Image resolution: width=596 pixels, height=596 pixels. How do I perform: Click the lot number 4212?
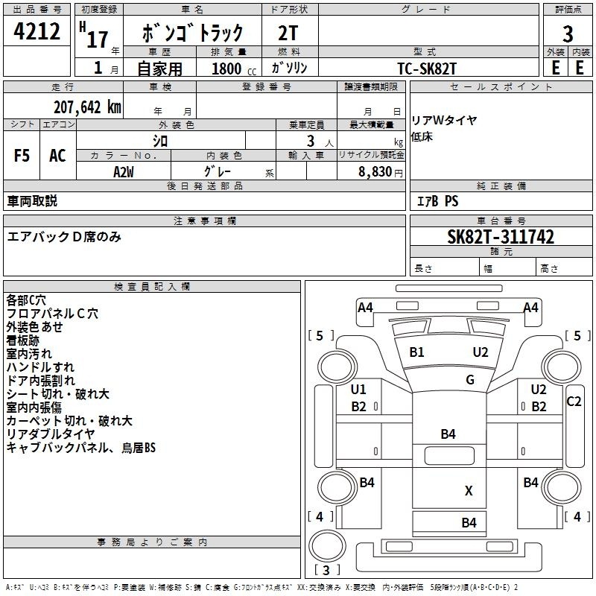click(37, 31)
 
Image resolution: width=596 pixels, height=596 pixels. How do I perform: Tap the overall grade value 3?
click(568, 34)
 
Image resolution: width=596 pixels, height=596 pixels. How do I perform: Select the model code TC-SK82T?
click(426, 69)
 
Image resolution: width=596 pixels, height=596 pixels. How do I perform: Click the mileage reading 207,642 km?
click(87, 107)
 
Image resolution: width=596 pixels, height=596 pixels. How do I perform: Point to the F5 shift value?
click(22, 156)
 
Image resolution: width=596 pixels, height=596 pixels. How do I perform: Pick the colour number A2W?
click(124, 172)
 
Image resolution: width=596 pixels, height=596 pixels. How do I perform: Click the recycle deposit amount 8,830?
click(375, 171)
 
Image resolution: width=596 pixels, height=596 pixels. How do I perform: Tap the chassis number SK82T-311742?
click(501, 237)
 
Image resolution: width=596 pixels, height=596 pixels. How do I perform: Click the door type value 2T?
click(288, 33)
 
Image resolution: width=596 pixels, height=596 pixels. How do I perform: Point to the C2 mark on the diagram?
click(574, 402)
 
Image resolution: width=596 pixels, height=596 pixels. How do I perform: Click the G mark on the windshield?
click(470, 379)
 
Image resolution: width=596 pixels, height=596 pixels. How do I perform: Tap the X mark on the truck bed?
click(469, 491)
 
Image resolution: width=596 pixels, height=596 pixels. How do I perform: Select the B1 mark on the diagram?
click(416, 352)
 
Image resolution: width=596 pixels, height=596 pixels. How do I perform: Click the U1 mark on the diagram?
click(358, 389)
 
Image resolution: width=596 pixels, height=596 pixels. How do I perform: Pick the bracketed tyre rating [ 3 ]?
click(326, 570)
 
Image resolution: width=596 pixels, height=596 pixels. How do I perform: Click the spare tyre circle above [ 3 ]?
click(327, 546)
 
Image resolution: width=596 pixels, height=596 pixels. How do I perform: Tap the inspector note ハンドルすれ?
click(40, 367)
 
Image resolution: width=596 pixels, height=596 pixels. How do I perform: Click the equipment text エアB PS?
click(437, 201)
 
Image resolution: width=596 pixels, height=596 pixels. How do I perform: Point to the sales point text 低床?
click(422, 137)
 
